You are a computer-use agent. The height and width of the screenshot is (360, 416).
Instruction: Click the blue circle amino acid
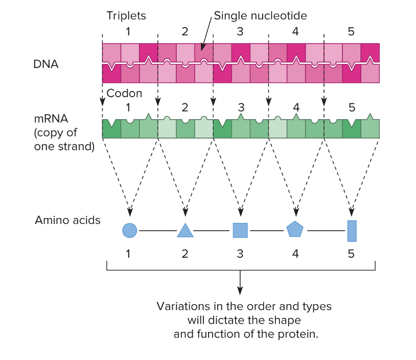(130, 231)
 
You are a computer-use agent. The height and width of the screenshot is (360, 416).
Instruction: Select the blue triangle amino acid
(185, 231)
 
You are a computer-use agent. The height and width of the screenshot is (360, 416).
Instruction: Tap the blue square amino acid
(240, 230)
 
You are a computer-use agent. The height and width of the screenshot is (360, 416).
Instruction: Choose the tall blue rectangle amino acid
(352, 231)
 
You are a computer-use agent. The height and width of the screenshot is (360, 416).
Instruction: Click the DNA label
(47, 64)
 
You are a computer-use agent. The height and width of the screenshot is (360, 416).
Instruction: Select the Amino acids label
(67, 220)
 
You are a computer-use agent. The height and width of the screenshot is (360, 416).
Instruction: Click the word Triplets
(126, 16)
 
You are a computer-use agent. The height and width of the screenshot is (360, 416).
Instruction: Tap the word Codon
(124, 94)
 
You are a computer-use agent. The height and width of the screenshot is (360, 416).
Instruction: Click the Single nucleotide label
(260, 16)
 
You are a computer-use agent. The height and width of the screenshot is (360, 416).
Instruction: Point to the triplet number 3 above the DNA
(240, 31)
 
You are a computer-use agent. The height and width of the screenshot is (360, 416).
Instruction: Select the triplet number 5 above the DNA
(351, 31)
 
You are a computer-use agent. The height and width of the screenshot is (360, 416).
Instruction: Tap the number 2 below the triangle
(185, 253)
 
